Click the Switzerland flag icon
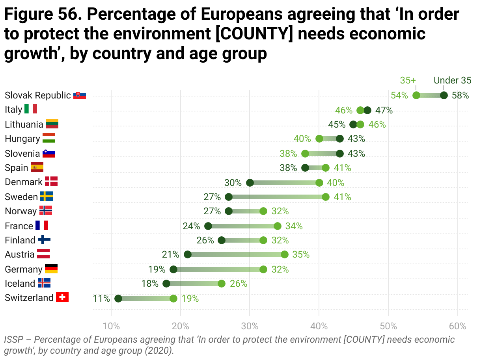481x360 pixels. [x=62, y=297]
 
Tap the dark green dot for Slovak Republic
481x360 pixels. [x=444, y=95]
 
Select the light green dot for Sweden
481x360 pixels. [x=326, y=197]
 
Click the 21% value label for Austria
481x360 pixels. [x=170, y=254]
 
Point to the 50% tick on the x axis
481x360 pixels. [x=388, y=326]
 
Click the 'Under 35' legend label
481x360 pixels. [x=452, y=80]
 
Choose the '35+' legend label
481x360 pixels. [x=408, y=80]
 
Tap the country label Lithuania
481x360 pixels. [x=24, y=124]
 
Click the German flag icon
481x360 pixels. [x=51, y=269]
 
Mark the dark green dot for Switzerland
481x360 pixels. [x=118, y=299]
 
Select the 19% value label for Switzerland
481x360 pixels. [x=190, y=299]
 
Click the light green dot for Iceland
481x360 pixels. [x=222, y=284]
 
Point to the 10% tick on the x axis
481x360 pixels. [x=111, y=326]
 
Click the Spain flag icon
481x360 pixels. [x=37, y=167]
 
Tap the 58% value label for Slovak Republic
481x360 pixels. [x=460, y=95]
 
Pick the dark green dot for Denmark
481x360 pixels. [x=250, y=183]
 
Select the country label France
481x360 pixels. [x=19, y=226]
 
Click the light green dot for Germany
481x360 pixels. [x=263, y=269]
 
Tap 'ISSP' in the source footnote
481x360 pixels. [x=13, y=340]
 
